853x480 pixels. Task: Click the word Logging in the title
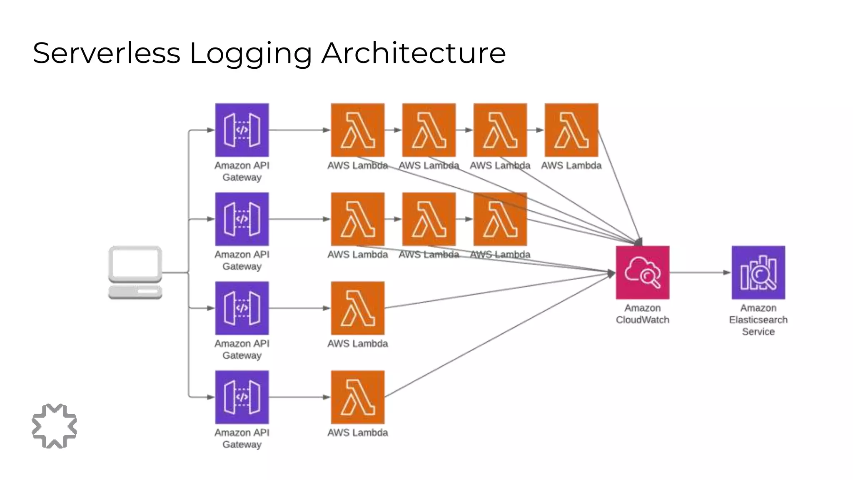click(x=250, y=53)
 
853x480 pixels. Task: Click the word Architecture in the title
click(x=414, y=53)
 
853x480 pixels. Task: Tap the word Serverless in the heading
click(x=107, y=53)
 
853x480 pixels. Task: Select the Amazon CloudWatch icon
click(x=643, y=272)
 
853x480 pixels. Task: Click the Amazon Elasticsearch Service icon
click(x=758, y=272)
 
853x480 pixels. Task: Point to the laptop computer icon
click(x=135, y=272)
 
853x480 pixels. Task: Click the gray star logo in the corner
click(x=55, y=426)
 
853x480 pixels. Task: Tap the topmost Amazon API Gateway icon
click(x=242, y=130)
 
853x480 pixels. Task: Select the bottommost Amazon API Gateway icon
click(x=242, y=397)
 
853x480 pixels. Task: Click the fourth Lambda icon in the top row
click(x=571, y=130)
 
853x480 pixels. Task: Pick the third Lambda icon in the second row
click(x=500, y=219)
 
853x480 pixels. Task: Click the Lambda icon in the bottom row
click(x=357, y=397)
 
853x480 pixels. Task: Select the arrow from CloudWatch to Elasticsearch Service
click(x=700, y=272)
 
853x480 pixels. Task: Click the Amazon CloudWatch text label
click(x=643, y=314)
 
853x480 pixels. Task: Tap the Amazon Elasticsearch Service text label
click(x=758, y=320)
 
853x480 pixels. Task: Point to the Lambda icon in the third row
click(x=357, y=308)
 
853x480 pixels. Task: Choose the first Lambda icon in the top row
click(x=357, y=130)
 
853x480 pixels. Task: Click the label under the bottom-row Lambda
click(x=357, y=432)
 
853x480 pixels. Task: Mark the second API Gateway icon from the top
click(x=242, y=219)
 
